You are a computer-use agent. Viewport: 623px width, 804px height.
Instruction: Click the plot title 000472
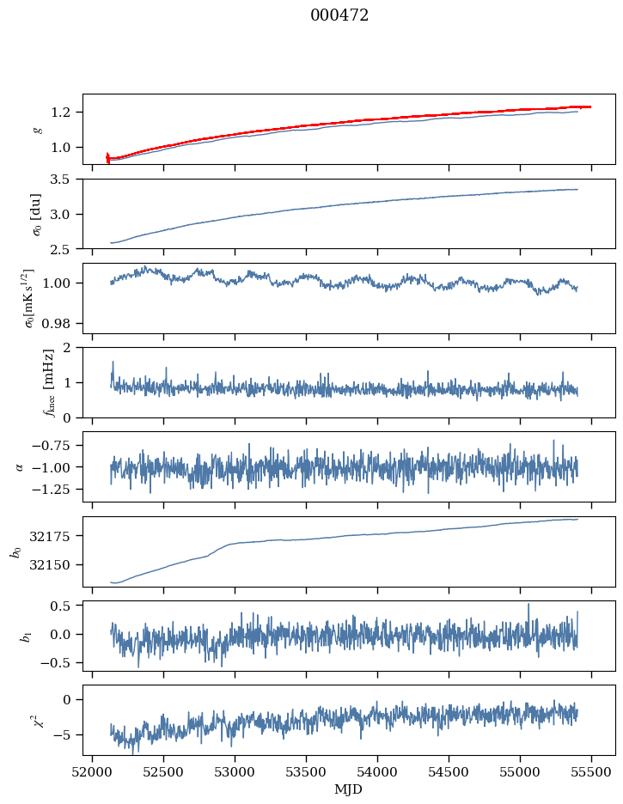(339, 15)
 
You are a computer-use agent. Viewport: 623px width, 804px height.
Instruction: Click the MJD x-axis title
(349, 789)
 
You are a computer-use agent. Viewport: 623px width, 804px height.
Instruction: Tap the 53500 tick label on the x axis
(307, 771)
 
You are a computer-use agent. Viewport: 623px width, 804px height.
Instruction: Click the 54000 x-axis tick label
(378, 771)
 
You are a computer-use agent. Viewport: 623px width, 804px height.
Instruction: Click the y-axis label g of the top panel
(38, 129)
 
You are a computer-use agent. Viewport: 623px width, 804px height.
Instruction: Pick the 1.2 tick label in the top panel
(64, 113)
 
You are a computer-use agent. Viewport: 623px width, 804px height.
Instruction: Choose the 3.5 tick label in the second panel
(64, 180)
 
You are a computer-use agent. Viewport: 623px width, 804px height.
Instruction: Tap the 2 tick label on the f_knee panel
(72, 348)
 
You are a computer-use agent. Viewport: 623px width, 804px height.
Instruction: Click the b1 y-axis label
(38, 636)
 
